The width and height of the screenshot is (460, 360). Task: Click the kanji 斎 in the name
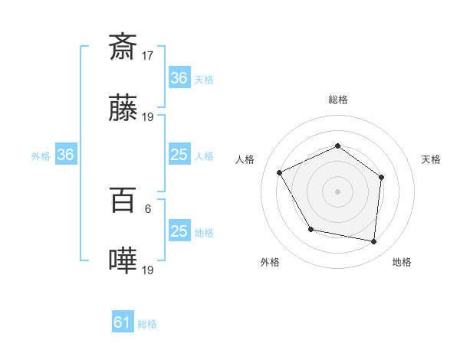click(123, 47)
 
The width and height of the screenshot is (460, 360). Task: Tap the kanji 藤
click(123, 110)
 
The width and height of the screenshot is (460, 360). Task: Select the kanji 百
click(123, 200)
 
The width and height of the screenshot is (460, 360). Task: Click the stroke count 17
click(148, 55)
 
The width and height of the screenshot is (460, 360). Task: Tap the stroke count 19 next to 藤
click(148, 117)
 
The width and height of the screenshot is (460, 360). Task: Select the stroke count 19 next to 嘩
click(148, 270)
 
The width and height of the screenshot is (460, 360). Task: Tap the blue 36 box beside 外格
click(66, 155)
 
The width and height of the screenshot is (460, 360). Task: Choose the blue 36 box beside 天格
click(179, 78)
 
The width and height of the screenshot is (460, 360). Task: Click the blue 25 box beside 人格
click(179, 155)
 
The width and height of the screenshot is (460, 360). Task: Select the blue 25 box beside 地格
click(179, 231)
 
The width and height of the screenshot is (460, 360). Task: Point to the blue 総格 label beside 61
click(147, 324)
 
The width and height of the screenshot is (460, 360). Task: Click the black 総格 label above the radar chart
click(337, 100)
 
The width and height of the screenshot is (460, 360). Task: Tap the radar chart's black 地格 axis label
click(402, 262)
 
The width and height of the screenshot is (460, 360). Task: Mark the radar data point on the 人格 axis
click(280, 173)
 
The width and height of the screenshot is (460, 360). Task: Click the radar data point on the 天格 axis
click(382, 177)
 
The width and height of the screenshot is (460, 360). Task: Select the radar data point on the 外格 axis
click(310, 229)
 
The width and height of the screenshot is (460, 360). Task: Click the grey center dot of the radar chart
click(337, 191)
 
